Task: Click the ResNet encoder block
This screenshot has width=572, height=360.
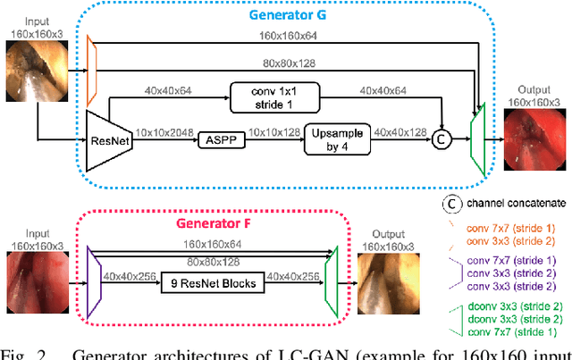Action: pyautogui.click(x=105, y=140)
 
